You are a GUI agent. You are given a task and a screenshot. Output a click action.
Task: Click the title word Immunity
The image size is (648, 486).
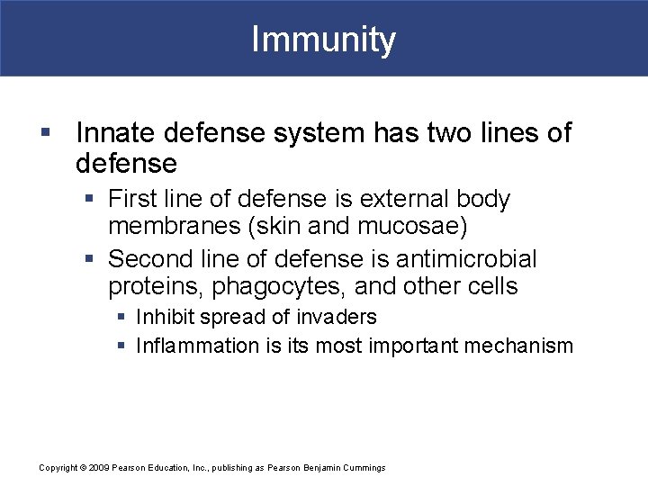[x=323, y=40]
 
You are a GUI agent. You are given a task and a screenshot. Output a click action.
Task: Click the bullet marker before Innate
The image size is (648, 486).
[x=46, y=134]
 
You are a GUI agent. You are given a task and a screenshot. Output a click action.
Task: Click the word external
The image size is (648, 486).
[x=386, y=199]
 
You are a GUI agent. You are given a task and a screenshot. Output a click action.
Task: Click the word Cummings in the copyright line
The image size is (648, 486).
[x=363, y=468]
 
